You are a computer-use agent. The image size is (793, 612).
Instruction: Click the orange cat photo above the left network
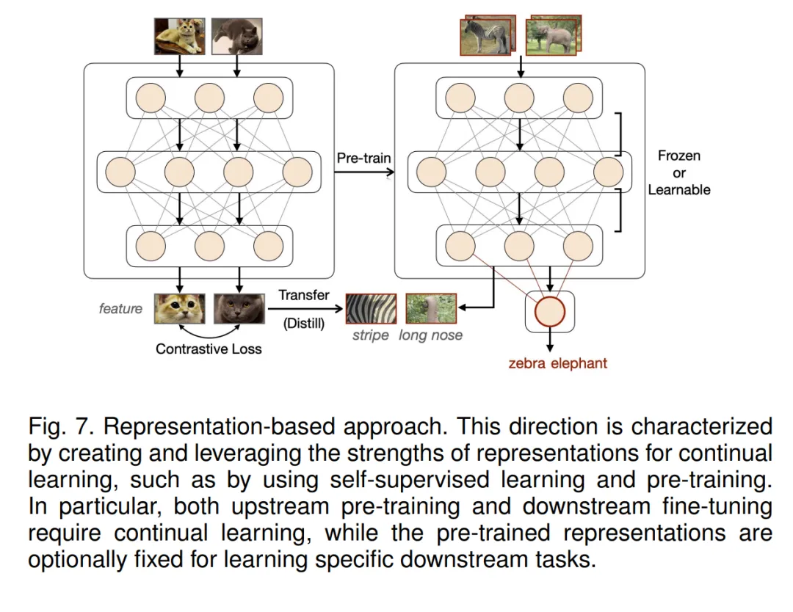click(x=179, y=35)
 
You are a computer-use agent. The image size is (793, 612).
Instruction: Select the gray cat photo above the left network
click(x=237, y=35)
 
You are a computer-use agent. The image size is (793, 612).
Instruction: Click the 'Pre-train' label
click(x=363, y=158)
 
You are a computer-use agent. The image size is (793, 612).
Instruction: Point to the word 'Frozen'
click(x=679, y=156)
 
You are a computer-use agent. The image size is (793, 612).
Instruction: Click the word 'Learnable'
click(x=679, y=189)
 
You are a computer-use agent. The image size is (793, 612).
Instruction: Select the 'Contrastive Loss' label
click(x=209, y=349)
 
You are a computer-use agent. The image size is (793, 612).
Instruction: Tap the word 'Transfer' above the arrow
click(x=304, y=295)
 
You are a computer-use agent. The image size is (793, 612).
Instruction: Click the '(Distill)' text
click(x=304, y=322)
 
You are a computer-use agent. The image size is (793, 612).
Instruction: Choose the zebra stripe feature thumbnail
click(x=371, y=309)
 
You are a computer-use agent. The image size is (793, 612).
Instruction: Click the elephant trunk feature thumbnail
click(x=431, y=309)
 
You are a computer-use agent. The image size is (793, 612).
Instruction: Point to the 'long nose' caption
click(x=431, y=335)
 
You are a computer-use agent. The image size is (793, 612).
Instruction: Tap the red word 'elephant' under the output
click(x=582, y=363)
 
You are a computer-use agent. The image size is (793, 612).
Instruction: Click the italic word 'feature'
click(x=120, y=309)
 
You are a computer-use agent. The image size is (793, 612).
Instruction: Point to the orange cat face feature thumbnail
click(x=179, y=309)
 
